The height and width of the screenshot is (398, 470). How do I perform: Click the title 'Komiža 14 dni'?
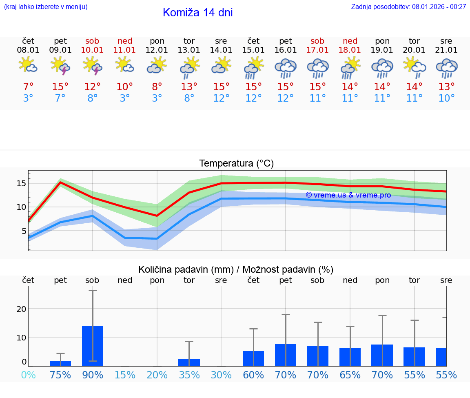pyautogui.click(x=197, y=13)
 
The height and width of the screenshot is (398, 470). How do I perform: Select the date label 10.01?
pyautogui.click(x=93, y=50)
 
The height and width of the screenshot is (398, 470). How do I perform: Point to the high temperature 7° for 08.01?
pyautogui.click(x=28, y=87)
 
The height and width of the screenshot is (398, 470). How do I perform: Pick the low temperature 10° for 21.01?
pyautogui.click(x=446, y=98)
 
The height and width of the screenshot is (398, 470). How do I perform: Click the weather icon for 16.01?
pyautogui.click(x=286, y=68)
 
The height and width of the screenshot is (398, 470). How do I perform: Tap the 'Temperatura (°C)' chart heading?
pyautogui.click(x=236, y=164)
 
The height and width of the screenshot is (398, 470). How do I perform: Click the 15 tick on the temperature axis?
pyautogui.click(x=21, y=183)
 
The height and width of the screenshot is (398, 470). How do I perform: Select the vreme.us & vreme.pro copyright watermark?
pyautogui.click(x=348, y=195)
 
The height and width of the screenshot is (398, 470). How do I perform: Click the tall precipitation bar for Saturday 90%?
pyautogui.click(x=93, y=345)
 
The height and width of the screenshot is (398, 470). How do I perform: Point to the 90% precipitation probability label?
pyautogui.click(x=93, y=375)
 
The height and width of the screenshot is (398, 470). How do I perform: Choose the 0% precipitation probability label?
pyautogui.click(x=28, y=375)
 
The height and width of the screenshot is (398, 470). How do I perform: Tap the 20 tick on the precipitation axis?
pyautogui.click(x=21, y=309)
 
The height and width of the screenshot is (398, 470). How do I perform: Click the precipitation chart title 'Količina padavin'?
pyautogui.click(x=236, y=269)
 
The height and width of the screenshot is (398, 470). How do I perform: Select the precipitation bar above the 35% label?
pyautogui.click(x=189, y=362)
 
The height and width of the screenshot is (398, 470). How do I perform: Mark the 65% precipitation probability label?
pyautogui.click(x=350, y=375)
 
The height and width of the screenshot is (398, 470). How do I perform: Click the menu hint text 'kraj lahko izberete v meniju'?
pyautogui.click(x=45, y=7)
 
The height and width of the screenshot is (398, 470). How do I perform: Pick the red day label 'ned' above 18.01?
pyautogui.click(x=350, y=41)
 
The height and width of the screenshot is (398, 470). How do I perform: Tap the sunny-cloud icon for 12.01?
pyautogui.click(x=157, y=65)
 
